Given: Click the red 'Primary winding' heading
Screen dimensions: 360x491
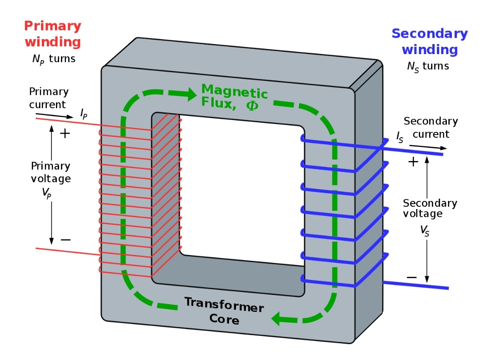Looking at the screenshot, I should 53,34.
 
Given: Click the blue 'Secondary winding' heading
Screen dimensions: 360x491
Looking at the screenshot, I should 429,41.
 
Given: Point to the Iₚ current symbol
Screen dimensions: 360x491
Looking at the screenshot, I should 84,114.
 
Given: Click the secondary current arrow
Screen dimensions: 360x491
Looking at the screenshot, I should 427,147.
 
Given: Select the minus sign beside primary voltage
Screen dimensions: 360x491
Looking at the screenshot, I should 65,240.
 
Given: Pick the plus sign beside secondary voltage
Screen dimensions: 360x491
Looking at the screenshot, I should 413,162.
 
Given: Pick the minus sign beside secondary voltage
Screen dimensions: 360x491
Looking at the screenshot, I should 411,277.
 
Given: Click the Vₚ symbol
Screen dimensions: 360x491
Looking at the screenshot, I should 46,192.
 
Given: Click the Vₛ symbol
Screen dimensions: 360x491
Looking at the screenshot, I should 425,231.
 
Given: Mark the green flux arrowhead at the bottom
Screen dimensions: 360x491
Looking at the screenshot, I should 279,319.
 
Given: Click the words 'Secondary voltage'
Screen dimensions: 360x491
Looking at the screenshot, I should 430,208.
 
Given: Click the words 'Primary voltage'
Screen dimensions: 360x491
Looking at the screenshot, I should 50,172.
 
